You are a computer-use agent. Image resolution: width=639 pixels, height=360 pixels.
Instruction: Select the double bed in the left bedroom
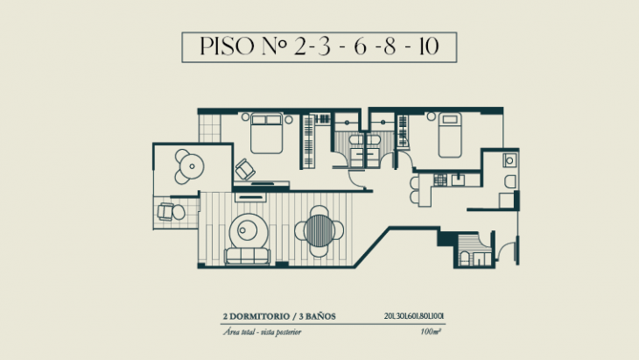coord(265,136)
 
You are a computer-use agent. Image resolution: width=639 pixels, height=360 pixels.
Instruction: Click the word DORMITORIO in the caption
coord(261,315)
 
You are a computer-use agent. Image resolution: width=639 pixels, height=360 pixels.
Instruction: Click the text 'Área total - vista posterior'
coord(259,333)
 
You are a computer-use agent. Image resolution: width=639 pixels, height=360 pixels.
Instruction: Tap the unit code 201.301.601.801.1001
coord(414,315)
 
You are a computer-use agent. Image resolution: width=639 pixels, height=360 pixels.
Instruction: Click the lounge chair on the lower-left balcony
coord(170,211)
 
